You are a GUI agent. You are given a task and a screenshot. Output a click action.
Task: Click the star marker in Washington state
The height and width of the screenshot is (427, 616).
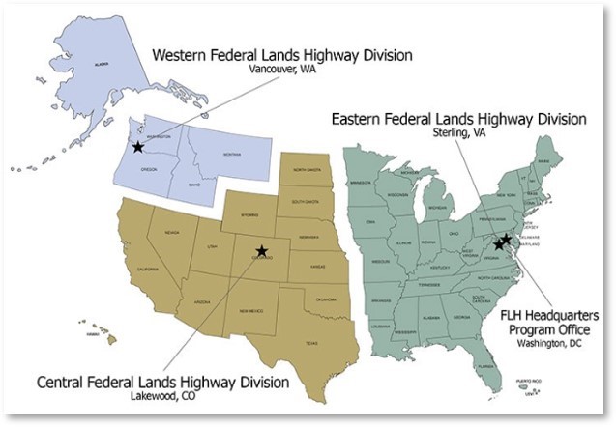coord(138,148)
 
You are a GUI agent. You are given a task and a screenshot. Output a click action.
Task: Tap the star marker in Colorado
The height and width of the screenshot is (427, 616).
coord(262,251)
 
